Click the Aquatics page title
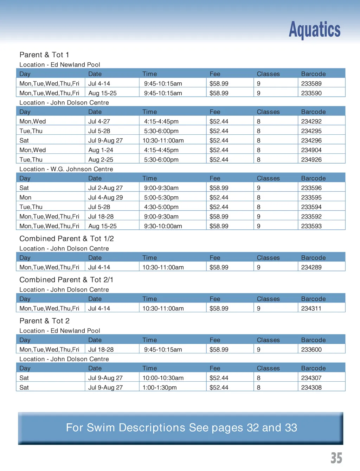[314, 30]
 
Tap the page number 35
[336, 458]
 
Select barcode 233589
[311, 84]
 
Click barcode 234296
[311, 141]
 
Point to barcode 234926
[311, 160]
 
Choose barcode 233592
[311, 217]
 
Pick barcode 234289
[311, 267]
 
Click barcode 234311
[311, 308]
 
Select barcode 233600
[311, 350]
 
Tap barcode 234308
[311, 388]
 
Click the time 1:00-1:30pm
[160, 388]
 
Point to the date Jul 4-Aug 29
[105, 198]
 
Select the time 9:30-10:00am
[163, 226]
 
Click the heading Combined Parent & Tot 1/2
[66, 239]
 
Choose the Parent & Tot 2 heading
[44, 321]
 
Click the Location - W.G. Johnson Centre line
[66, 169]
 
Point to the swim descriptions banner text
[181, 428]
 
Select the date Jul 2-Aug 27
[105, 188]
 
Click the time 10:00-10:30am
[163, 378]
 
